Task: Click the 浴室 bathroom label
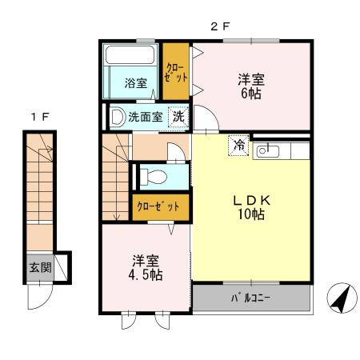[x=136, y=83]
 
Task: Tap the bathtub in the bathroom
[x=130, y=55]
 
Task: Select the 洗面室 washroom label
[x=146, y=117]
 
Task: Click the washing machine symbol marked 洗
[x=178, y=117]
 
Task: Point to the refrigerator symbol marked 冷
[x=239, y=146]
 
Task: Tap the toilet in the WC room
[x=154, y=177]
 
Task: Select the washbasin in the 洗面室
[x=118, y=117]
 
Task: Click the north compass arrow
[x=341, y=298]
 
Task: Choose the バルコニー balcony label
[x=250, y=298]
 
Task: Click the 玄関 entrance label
[x=40, y=267]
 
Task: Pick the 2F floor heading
[x=220, y=26]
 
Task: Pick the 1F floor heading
[x=40, y=117]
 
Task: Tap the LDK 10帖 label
[x=251, y=207]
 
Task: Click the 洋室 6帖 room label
[x=251, y=86]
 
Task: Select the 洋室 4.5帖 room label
[x=146, y=268]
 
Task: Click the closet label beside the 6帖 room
[x=176, y=72]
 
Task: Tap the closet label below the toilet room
[x=158, y=206]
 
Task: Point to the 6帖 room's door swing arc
[x=212, y=114]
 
